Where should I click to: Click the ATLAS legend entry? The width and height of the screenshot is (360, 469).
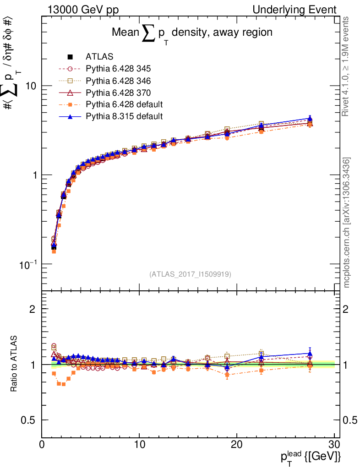tap(99, 57)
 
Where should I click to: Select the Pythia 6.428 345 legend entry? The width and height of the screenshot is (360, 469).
tap(118, 69)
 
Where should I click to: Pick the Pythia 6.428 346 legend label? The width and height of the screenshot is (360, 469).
tap(118, 81)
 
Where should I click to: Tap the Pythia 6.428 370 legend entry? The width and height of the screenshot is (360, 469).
tap(118, 93)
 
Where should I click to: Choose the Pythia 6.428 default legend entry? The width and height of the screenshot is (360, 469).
tap(124, 104)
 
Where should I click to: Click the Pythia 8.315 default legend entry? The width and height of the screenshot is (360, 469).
tap(124, 116)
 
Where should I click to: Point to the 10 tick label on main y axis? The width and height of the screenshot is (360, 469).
tap(31, 86)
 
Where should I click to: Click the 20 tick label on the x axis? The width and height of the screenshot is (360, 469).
tap(237, 445)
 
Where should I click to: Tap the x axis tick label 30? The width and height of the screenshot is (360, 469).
tap(334, 445)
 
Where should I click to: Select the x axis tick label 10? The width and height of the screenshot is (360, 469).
tap(139, 445)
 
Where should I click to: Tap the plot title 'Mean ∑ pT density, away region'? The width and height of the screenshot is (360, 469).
tap(192, 33)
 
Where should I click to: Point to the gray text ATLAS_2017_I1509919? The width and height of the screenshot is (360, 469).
tap(190, 274)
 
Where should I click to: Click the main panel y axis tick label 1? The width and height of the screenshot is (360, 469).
tap(35, 175)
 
